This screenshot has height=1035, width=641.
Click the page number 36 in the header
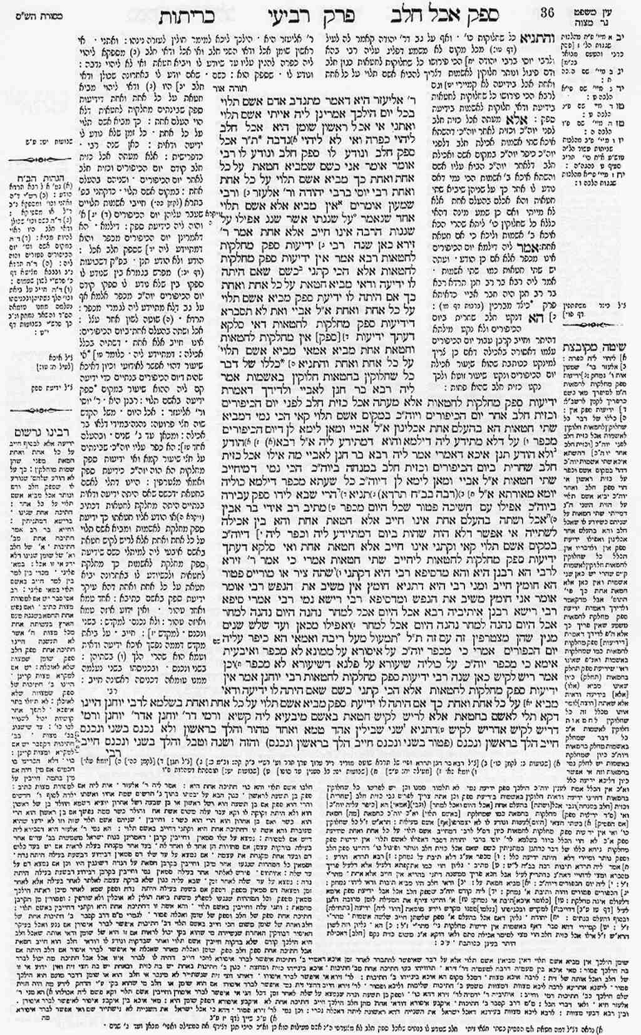coord(547,12)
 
